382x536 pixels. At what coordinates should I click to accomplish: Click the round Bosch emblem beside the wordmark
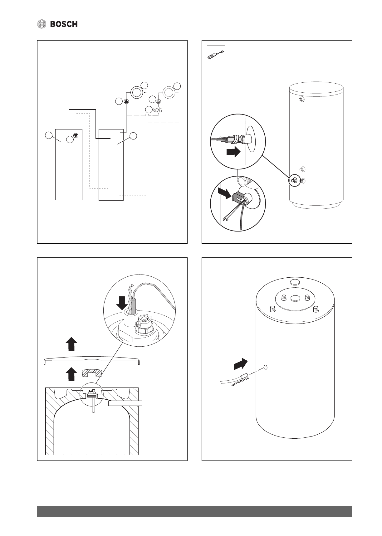(x=42, y=24)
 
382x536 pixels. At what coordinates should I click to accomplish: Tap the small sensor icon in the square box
(x=216, y=55)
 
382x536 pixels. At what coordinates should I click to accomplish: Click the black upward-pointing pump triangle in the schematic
(x=126, y=101)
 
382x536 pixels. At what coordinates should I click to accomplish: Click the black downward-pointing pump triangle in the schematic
(x=76, y=136)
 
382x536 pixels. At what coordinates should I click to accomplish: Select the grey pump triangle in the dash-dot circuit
(x=159, y=100)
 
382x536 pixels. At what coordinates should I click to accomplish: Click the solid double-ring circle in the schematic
(x=136, y=92)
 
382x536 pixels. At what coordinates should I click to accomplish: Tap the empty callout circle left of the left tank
(x=48, y=135)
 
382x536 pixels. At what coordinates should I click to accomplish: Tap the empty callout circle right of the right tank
(x=133, y=136)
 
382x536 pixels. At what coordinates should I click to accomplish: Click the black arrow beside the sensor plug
(x=233, y=152)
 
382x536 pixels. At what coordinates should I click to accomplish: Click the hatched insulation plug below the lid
(x=92, y=373)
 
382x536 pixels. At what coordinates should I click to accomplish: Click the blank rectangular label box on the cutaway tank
(x=125, y=403)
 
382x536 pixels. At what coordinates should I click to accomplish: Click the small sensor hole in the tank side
(x=266, y=367)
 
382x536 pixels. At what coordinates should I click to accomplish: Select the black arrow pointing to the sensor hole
(x=240, y=364)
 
